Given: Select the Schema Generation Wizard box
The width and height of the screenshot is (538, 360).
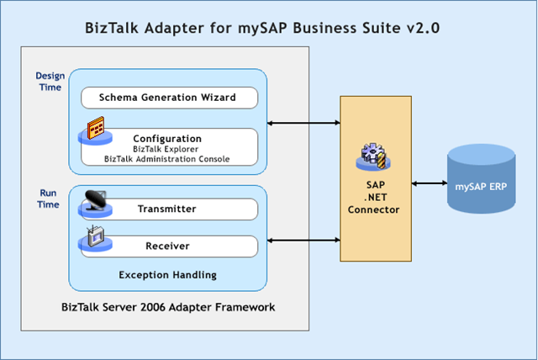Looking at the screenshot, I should pyautogui.click(x=166, y=98).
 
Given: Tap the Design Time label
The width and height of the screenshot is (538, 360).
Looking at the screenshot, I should pyautogui.click(x=50, y=82).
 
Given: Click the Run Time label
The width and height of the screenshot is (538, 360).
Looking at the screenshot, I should pyautogui.click(x=49, y=199).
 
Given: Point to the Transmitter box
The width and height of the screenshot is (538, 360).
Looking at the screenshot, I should pyautogui.click(x=166, y=209).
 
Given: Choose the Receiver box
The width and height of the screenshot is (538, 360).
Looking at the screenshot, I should pyautogui.click(x=166, y=246).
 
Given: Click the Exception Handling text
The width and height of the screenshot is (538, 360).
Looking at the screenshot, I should pyautogui.click(x=166, y=274).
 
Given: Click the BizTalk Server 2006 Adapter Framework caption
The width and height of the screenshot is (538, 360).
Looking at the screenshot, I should pyautogui.click(x=166, y=308).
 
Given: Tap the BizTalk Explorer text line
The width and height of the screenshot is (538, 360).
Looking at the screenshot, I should pyautogui.click(x=166, y=148).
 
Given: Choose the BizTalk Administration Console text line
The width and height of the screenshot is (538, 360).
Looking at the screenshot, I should pyautogui.click(x=166, y=158).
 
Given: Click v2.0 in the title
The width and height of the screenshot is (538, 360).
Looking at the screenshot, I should pyautogui.click(x=423, y=29).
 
